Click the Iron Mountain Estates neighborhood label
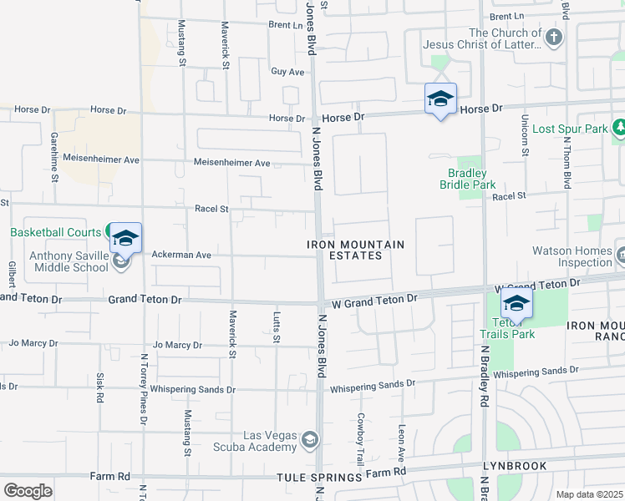(x=355, y=250)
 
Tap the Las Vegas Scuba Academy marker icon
(x=309, y=439)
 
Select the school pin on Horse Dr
(x=440, y=100)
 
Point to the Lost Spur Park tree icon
(x=619, y=129)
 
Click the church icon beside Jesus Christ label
(x=554, y=38)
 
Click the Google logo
(x=28, y=491)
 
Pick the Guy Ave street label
(x=287, y=72)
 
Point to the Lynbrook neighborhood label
(x=514, y=466)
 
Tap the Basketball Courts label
(x=55, y=231)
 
